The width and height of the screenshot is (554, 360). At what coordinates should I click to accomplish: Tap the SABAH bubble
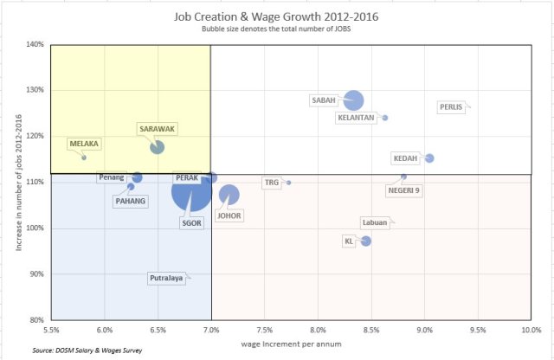pos(353,100)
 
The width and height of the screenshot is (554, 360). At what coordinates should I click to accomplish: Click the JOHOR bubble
pos(229,195)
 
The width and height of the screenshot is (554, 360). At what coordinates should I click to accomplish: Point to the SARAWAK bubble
pos(157,147)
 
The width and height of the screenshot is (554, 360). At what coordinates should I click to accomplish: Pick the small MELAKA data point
pos(84,157)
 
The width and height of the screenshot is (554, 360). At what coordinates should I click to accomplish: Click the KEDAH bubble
pos(429,158)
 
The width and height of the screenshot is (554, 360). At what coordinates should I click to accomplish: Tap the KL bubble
pos(366,241)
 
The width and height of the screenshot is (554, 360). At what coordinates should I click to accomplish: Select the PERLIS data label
pos(451,107)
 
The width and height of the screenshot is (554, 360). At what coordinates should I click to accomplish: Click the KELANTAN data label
pos(356,118)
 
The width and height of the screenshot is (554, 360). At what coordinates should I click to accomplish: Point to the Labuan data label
pos(375,222)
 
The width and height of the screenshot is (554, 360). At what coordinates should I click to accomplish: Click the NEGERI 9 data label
pos(403,190)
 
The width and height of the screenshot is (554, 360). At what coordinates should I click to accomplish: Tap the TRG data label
pos(272,183)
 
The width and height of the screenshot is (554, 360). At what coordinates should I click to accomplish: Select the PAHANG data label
pos(131,201)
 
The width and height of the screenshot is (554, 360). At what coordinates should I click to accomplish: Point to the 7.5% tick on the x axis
pos(265,330)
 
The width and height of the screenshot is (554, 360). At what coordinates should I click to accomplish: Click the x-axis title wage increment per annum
pos(291,344)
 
